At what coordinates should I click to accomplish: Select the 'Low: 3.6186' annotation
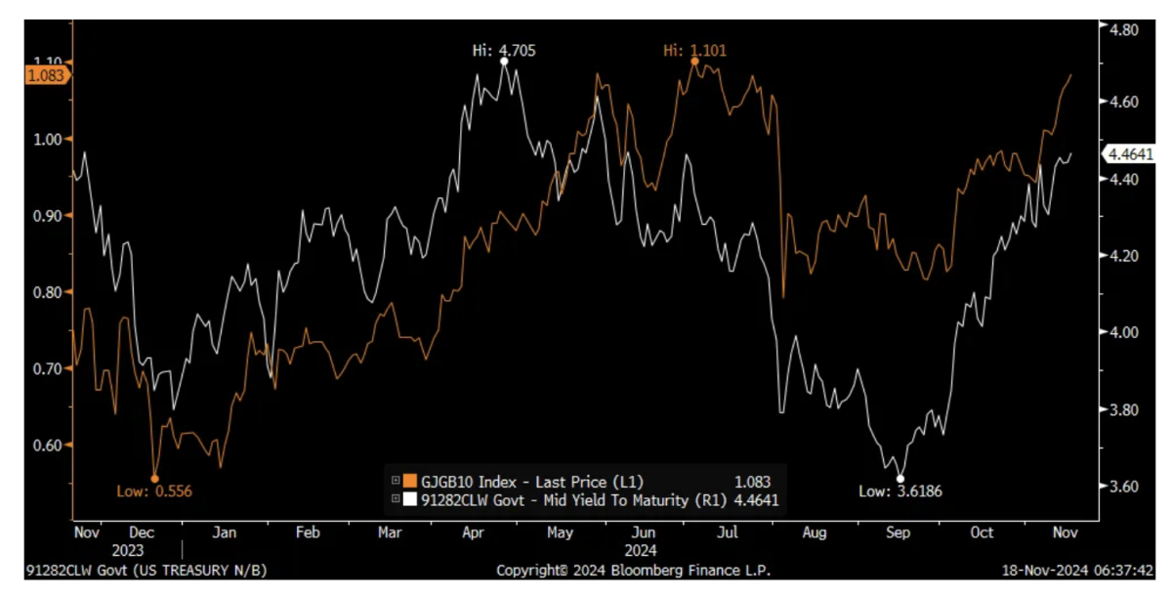[900, 491]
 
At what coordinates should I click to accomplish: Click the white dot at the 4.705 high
[504, 62]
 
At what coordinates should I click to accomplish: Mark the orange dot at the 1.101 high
[694, 62]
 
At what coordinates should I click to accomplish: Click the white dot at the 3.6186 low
[900, 478]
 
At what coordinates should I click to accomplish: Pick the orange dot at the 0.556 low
[154, 478]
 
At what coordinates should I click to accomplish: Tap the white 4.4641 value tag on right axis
[1128, 153]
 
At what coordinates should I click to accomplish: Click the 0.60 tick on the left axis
[48, 446]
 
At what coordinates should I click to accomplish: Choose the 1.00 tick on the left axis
[48, 140]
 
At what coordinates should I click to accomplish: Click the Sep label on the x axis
[899, 533]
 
